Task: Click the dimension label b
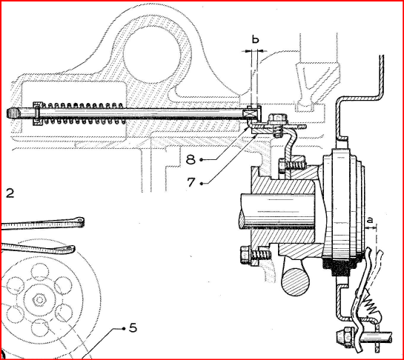(x=255, y=39)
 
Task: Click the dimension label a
(x=370, y=221)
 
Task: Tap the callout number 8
(x=191, y=160)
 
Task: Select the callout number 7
(x=191, y=182)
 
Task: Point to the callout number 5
(x=133, y=328)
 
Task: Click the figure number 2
(x=10, y=193)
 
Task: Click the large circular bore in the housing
(x=151, y=54)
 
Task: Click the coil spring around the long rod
(x=83, y=113)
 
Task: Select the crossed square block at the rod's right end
(x=250, y=113)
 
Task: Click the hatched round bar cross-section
(x=295, y=281)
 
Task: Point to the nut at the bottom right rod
(x=345, y=336)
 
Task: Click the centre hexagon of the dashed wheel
(x=39, y=300)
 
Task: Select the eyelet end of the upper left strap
(x=80, y=221)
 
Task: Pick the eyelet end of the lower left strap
(x=70, y=248)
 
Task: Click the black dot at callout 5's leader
(x=124, y=328)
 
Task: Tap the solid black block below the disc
(x=339, y=267)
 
